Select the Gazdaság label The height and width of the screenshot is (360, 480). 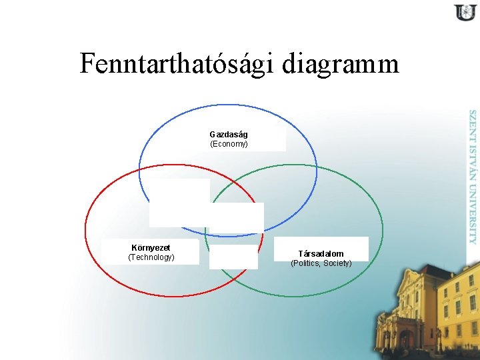pyautogui.click(x=229, y=135)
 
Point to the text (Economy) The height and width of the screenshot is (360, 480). pyautogui.click(x=229, y=144)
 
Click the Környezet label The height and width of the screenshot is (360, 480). pyautogui.click(x=151, y=247)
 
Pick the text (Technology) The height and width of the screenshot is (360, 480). pyautogui.click(x=151, y=257)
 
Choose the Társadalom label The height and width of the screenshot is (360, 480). pyautogui.click(x=321, y=254)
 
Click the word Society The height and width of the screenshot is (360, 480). pyautogui.click(x=337, y=264)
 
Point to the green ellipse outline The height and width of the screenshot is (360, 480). pyautogui.click(x=382, y=227)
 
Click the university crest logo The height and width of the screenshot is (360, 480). pyautogui.click(x=464, y=13)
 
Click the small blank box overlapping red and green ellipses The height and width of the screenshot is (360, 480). pyautogui.click(x=233, y=257)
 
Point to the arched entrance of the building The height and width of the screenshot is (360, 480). pyautogui.click(x=405, y=339)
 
